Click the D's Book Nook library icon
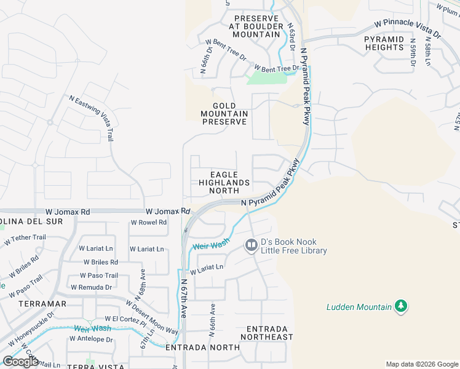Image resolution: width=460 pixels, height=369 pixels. click(x=251, y=245)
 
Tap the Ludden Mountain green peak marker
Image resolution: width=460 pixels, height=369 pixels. click(x=401, y=306)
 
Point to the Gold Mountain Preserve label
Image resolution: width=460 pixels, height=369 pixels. click(x=224, y=114)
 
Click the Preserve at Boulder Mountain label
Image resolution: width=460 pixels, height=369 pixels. click(x=255, y=26)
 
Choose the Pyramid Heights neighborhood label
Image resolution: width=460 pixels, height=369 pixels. click(x=384, y=43)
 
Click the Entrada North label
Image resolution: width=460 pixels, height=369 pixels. click(x=203, y=347)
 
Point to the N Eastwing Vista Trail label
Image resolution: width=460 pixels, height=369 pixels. click(x=93, y=117)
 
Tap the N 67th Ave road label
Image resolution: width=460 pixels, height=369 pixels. click(x=184, y=298)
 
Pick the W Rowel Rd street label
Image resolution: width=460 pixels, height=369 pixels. click(x=149, y=223)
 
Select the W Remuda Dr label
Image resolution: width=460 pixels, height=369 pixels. click(x=91, y=287)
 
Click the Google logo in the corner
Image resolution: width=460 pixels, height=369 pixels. click(x=20, y=362)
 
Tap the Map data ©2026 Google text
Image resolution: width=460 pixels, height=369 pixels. click(x=421, y=364)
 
